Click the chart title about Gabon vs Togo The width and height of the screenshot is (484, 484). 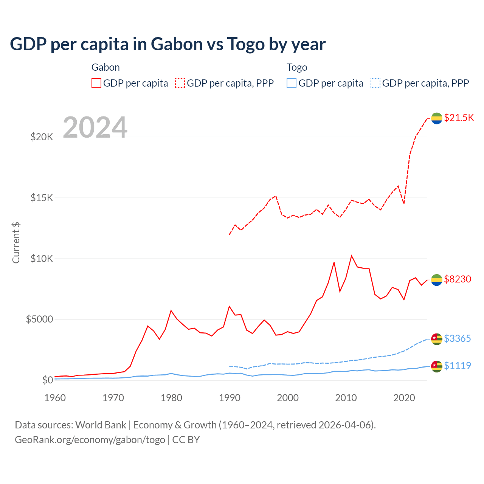(x=168, y=44)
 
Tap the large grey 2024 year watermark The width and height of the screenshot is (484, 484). (x=95, y=127)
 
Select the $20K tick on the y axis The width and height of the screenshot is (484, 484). (x=42, y=137)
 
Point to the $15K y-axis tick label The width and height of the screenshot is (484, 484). (x=42, y=198)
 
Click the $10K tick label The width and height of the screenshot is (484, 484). (x=42, y=259)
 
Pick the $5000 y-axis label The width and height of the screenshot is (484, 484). (x=39, y=320)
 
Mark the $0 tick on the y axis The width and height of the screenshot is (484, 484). (x=47, y=380)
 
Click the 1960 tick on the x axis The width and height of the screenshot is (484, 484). (x=55, y=398)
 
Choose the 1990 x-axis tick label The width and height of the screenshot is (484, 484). (x=230, y=398)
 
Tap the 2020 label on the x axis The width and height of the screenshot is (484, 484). (x=404, y=398)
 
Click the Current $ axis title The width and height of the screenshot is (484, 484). (x=16, y=243)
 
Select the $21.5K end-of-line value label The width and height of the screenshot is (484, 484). (x=459, y=118)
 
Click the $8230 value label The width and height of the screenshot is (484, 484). (x=458, y=279)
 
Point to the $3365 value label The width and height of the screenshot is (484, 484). (x=458, y=338)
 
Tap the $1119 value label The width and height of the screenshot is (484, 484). (x=458, y=366)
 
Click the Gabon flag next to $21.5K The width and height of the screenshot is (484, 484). (x=437, y=118)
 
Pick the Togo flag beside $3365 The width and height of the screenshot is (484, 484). (x=437, y=339)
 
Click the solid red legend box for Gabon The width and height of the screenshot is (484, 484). (x=96, y=83)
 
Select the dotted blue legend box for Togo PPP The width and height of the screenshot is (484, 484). (x=375, y=83)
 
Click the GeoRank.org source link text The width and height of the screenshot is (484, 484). (x=90, y=440)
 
